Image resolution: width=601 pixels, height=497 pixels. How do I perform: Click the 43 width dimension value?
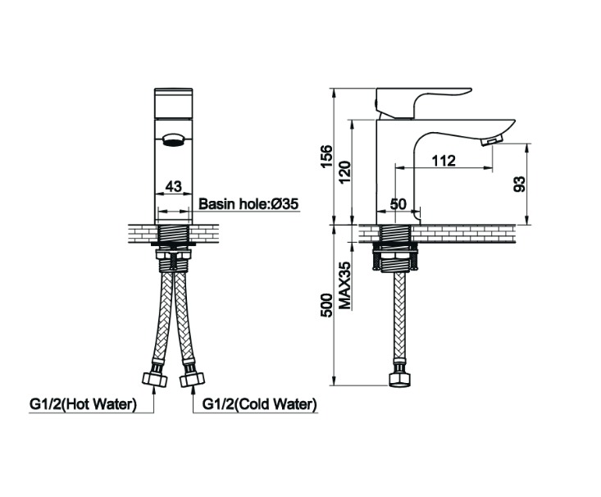[173, 186]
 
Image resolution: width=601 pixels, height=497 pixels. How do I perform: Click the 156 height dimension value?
[326, 156]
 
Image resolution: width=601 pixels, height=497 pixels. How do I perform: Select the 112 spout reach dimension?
[443, 161]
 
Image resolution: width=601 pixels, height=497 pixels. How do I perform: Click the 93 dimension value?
[519, 184]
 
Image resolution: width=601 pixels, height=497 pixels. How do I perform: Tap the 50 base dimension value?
[398, 204]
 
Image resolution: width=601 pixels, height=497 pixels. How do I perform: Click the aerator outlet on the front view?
[173, 140]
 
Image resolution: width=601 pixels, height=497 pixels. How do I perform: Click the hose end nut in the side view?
[398, 380]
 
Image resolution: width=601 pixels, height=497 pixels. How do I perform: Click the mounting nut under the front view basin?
[173, 262]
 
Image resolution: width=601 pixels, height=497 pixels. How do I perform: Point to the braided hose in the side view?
[398, 320]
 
